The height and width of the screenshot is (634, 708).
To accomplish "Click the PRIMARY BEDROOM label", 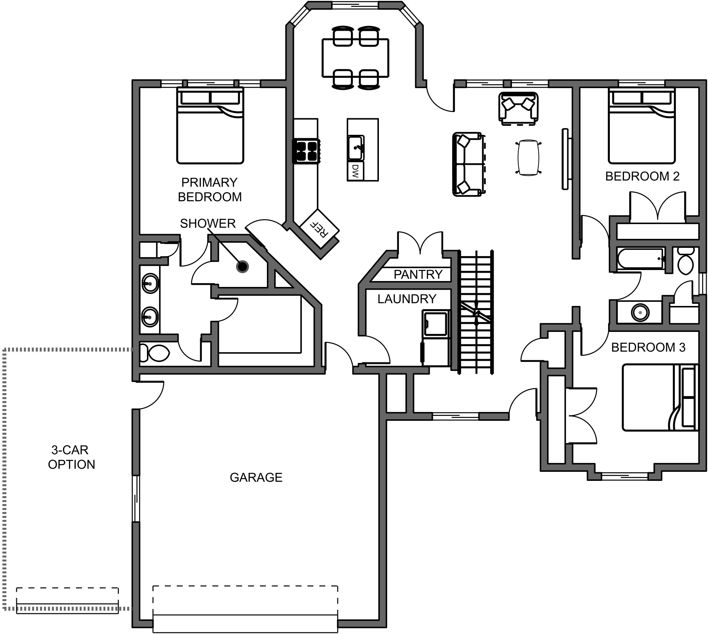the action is pyautogui.click(x=210, y=189).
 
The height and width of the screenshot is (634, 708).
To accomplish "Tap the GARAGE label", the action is pyautogui.click(x=256, y=477).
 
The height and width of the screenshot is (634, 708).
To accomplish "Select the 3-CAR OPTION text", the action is pyautogui.click(x=72, y=457).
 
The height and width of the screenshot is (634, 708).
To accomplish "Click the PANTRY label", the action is pyautogui.click(x=418, y=274).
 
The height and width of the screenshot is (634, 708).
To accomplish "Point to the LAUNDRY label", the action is pyautogui.click(x=407, y=299).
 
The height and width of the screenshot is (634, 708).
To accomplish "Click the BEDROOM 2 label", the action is pyautogui.click(x=643, y=176).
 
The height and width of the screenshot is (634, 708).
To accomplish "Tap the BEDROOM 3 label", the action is pyautogui.click(x=649, y=347).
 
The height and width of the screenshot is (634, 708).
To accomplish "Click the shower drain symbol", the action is pyautogui.click(x=242, y=267).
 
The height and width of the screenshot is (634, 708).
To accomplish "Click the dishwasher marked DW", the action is pyautogui.click(x=355, y=171).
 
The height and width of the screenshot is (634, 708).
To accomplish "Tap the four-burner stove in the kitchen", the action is pyautogui.click(x=306, y=151).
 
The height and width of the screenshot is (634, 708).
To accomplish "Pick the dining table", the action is pyautogui.click(x=355, y=58).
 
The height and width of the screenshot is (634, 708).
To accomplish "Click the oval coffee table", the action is pyautogui.click(x=529, y=158).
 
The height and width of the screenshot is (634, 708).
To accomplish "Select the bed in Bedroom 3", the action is pyautogui.click(x=660, y=398).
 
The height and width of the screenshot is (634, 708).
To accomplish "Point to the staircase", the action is pyautogui.click(x=476, y=312).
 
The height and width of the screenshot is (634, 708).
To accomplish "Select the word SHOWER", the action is pyautogui.click(x=208, y=223).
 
